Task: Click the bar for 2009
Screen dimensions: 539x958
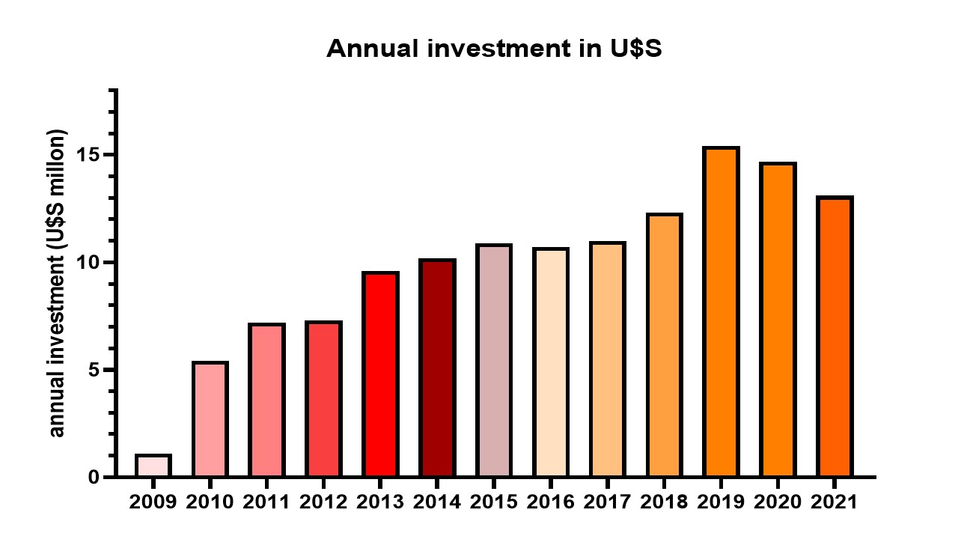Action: (153, 466)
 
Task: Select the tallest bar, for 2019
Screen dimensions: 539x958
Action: (721, 312)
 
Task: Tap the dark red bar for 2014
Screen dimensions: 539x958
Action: (437, 368)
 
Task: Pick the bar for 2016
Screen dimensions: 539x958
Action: (550, 362)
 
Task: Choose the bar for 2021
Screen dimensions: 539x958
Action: (835, 337)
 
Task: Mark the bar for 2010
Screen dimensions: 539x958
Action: (210, 419)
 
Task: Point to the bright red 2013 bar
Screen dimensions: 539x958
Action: (380, 374)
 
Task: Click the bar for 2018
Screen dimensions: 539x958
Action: (664, 345)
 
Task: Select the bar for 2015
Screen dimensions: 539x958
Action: (494, 361)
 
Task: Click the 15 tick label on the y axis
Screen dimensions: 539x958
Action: (91, 155)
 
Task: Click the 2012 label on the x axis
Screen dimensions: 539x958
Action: (323, 501)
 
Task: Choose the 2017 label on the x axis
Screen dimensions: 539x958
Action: (607, 501)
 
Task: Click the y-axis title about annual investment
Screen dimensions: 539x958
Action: (58, 283)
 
